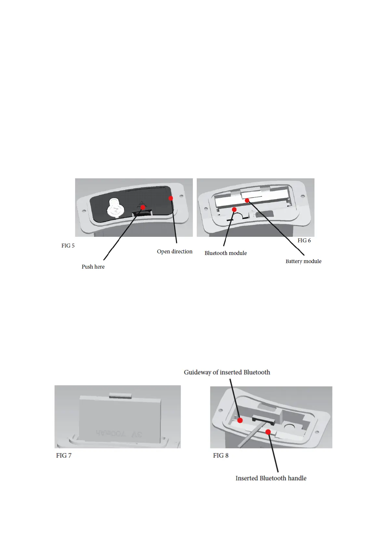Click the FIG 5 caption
click(x=68, y=246)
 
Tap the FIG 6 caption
click(x=304, y=240)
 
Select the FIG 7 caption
click(x=64, y=455)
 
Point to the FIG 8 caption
click(x=221, y=455)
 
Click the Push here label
click(x=93, y=267)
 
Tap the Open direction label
click(x=175, y=251)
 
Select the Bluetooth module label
click(x=226, y=253)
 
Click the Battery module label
click(x=303, y=261)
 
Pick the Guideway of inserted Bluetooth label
click(x=227, y=372)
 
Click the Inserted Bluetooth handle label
click(x=271, y=478)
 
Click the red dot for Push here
click(x=143, y=207)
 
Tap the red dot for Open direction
click(x=171, y=198)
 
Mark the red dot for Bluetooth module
click(x=234, y=210)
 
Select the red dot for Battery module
click(x=247, y=200)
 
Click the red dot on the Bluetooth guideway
click(x=240, y=420)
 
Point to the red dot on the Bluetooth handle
click(x=268, y=432)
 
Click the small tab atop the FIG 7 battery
click(x=120, y=395)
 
